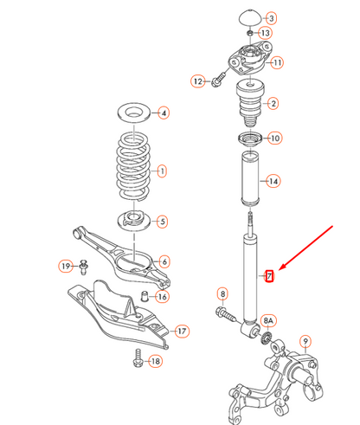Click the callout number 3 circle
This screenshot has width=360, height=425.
click(272, 18)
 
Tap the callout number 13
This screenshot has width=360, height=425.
click(265, 33)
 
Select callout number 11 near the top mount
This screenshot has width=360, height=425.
click(277, 62)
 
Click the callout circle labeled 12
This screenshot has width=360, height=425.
click(197, 82)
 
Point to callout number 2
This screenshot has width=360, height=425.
click(273, 105)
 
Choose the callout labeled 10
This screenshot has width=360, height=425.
click(274, 138)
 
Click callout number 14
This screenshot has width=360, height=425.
click(273, 182)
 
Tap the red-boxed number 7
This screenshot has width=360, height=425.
click(269, 277)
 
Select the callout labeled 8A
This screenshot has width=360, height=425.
click(268, 320)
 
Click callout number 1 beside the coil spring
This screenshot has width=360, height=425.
click(161, 171)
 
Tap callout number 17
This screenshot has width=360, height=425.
click(182, 330)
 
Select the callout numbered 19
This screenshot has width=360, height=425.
click(65, 265)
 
